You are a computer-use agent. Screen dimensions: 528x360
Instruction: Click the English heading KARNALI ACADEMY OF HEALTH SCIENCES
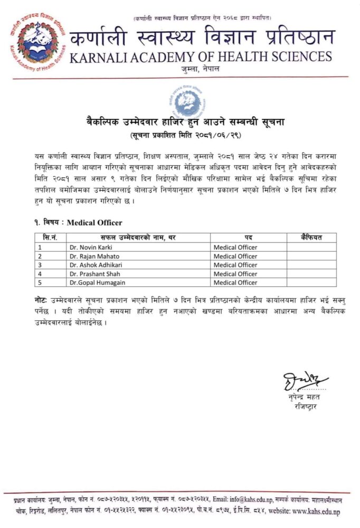pos(201,57)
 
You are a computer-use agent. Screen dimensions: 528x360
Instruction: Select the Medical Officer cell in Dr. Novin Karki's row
pos(235,247)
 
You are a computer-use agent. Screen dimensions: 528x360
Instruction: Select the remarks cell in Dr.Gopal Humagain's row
pos(311,282)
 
